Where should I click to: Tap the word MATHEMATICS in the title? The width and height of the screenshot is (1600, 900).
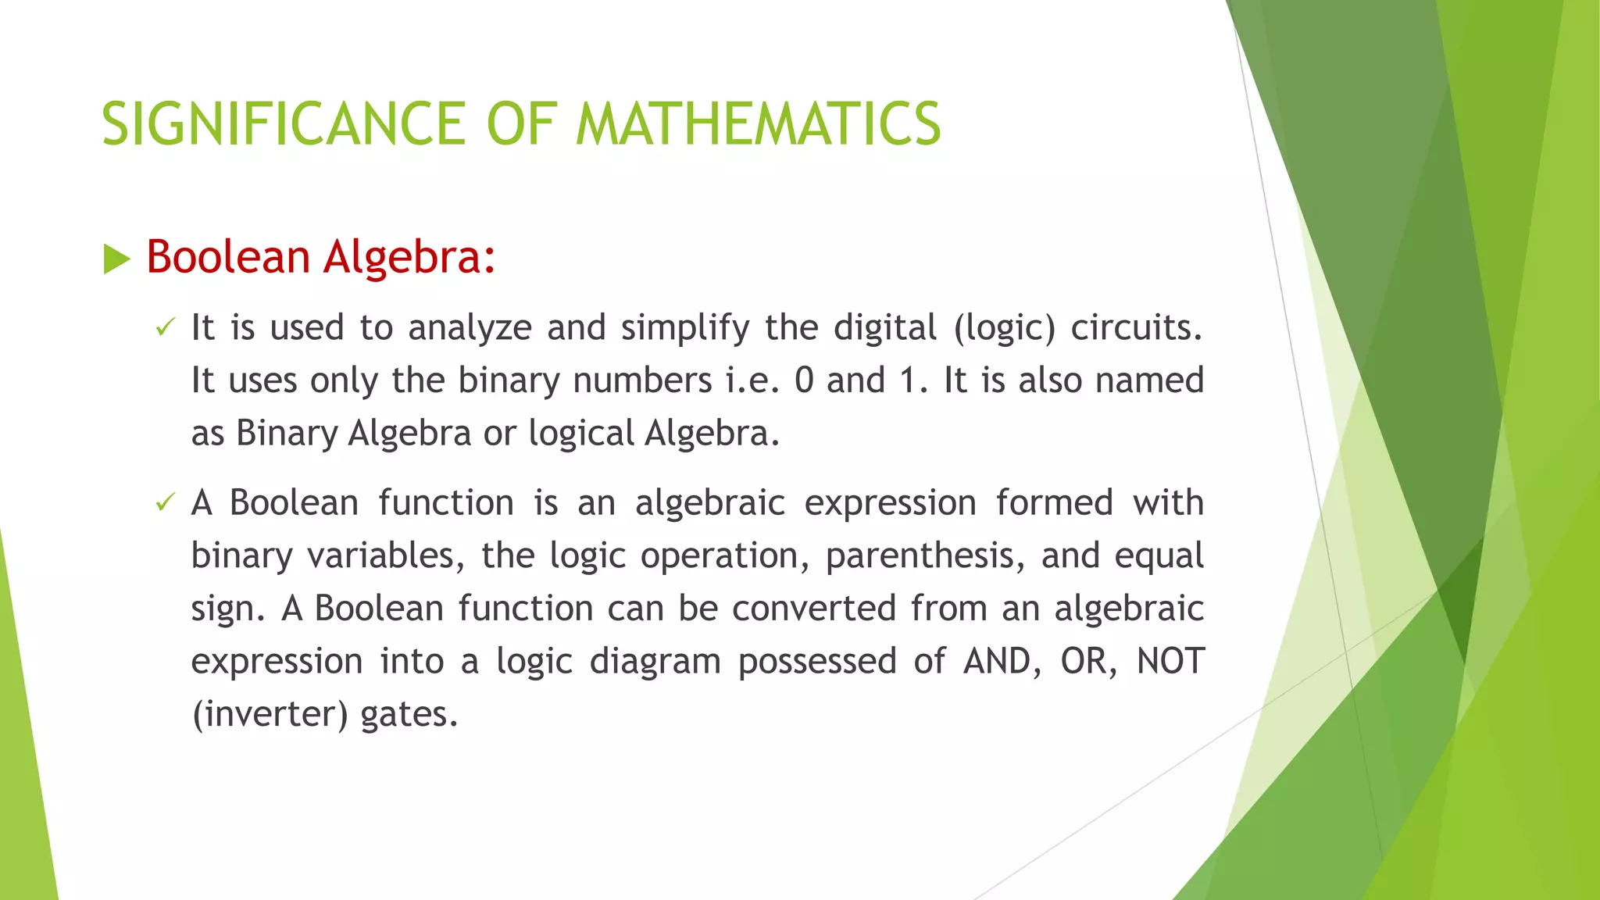coord(758,124)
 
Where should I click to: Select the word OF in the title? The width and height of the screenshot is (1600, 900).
coord(521,124)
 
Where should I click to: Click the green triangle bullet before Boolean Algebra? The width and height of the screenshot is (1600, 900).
coord(116,259)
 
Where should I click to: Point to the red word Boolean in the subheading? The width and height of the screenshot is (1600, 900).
coord(228,257)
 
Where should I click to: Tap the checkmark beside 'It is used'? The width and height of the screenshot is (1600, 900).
coord(165,328)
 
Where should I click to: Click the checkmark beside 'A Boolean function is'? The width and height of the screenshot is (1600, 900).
coord(165,503)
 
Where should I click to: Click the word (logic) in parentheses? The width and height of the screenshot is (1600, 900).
coord(1004,328)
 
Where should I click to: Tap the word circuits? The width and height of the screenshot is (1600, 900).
coord(1135,328)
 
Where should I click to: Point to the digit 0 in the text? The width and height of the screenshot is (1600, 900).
coord(804,381)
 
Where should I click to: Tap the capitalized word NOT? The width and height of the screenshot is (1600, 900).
coord(1170,662)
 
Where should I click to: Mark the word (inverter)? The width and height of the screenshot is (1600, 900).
coord(270,715)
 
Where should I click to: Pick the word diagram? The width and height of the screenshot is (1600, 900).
coord(655,662)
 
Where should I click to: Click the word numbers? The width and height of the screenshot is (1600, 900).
coord(642,381)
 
